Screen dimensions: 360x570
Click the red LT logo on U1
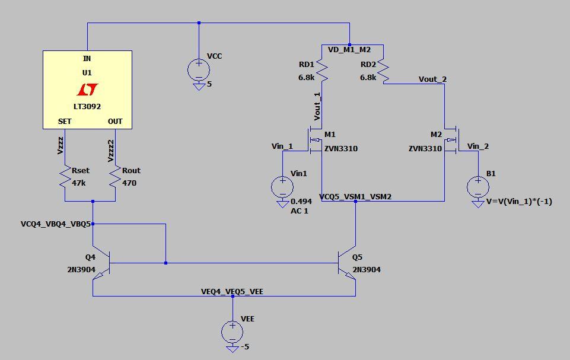[x=87, y=90]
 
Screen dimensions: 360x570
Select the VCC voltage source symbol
[x=198, y=70]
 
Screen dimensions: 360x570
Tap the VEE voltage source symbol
[x=233, y=332]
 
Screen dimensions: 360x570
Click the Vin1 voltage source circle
[x=282, y=187]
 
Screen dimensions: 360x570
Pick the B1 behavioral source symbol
[x=477, y=187]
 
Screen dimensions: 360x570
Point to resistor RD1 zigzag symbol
[x=321, y=71]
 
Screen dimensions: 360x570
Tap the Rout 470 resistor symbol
[x=114, y=177]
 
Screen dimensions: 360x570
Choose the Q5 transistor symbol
[x=348, y=263]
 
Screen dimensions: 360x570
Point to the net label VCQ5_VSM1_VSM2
[x=355, y=196]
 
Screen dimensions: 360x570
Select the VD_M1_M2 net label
[x=349, y=49]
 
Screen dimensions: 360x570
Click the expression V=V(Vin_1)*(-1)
[x=519, y=201]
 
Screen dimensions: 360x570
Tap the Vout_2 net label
[x=432, y=79]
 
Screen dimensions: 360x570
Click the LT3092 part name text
[x=87, y=107]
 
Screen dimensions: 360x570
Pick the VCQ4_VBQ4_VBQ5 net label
[x=56, y=224]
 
